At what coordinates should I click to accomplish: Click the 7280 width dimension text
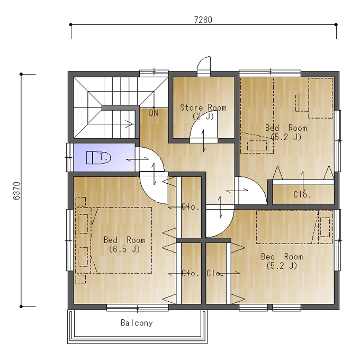[x=203, y=20]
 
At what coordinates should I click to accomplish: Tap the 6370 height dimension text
[x=17, y=191]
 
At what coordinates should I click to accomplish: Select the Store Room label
[x=203, y=107]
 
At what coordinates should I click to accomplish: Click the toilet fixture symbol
[x=98, y=158]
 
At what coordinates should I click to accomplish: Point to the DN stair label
[x=154, y=113]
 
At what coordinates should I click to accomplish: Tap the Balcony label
[x=137, y=323]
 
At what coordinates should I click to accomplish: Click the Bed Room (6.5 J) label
[x=124, y=245]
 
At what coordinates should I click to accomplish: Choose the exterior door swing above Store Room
[x=204, y=64]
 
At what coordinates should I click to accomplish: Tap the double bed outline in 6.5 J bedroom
[x=121, y=240]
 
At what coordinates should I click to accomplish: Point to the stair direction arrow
[x=129, y=124]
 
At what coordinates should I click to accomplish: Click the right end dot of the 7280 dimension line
[x=336, y=24]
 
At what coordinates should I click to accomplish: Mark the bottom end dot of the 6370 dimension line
[x=21, y=307]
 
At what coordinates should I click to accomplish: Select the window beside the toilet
[x=69, y=158]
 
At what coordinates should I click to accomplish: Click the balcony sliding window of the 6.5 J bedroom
[x=137, y=308]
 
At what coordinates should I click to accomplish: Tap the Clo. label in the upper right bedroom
[x=302, y=195]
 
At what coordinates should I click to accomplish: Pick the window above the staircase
[x=154, y=73]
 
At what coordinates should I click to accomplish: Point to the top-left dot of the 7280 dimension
[x=71, y=24]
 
